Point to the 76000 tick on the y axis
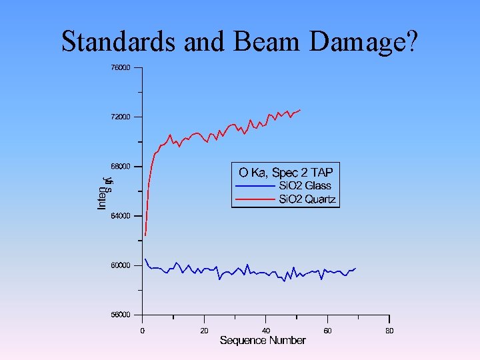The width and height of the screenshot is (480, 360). [121, 67]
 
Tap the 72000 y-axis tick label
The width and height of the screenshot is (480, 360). [121, 117]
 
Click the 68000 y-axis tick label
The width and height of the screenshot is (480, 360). [121, 166]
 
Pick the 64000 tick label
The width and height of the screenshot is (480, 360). [121, 216]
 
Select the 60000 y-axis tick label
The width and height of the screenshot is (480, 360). [121, 265]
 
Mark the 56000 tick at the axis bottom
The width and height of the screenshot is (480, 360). [121, 315]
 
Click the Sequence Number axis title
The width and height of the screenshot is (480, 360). [263, 341]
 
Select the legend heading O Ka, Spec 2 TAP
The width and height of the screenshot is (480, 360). [285, 172]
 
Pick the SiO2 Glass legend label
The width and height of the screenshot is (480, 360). [304, 186]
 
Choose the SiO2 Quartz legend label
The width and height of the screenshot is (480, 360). [307, 199]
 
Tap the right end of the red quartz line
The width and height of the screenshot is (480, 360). [301, 110]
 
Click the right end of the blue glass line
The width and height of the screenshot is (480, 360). [356, 268]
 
